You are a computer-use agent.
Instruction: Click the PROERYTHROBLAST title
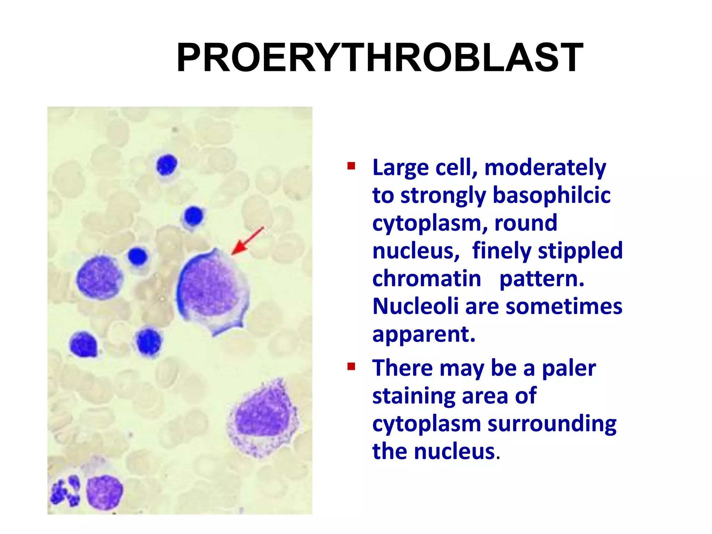[x=380, y=58]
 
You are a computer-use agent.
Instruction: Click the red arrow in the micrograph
[x=247, y=241]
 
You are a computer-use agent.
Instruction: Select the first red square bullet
[x=351, y=166]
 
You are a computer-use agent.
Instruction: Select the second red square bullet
[x=351, y=366]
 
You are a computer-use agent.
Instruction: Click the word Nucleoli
[x=415, y=306]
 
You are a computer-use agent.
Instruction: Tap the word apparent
[x=423, y=334]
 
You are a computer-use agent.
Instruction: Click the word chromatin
[x=427, y=278]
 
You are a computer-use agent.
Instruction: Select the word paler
[x=569, y=368]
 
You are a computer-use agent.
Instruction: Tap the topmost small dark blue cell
[x=167, y=165]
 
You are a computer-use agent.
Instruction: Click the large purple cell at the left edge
[x=99, y=277]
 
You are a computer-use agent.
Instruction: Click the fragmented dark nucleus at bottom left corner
[x=66, y=491]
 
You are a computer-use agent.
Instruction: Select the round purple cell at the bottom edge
[x=104, y=492]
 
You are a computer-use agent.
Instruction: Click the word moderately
[x=545, y=168]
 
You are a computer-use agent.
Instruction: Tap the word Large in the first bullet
[x=400, y=168]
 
